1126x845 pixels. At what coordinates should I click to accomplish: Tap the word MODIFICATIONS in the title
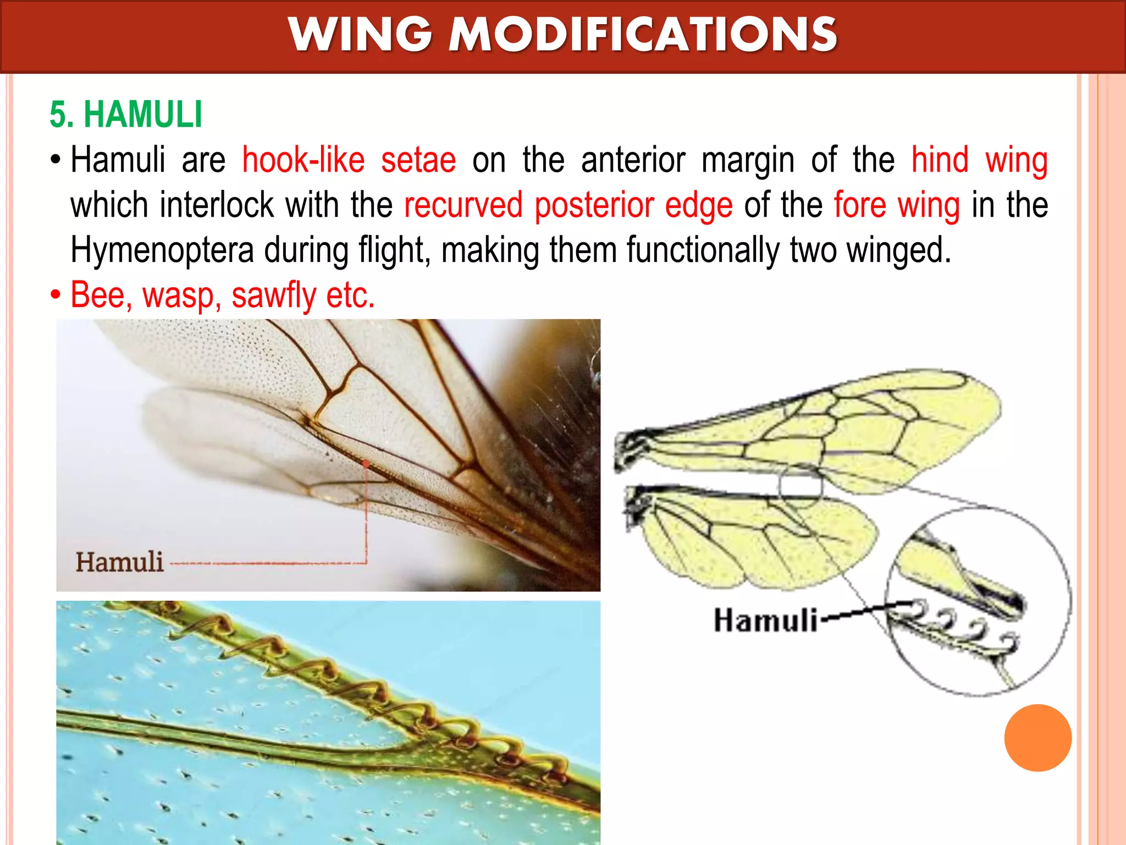(643, 35)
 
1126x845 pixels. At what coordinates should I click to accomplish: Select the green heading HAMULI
(143, 114)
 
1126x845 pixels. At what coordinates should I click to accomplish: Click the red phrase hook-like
(303, 160)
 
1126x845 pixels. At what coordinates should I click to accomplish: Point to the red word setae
(418, 160)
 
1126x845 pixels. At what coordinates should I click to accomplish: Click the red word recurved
(463, 205)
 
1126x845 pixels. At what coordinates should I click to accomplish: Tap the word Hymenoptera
(162, 250)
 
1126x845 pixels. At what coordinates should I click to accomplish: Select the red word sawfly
(274, 296)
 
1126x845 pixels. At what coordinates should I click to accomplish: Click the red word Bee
(101, 295)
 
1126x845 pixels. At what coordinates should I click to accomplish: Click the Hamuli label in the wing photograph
(120, 562)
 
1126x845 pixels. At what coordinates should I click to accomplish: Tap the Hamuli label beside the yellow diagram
(765, 621)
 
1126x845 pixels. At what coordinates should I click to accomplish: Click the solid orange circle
(1037, 738)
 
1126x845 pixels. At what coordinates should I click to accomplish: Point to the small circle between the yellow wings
(801, 487)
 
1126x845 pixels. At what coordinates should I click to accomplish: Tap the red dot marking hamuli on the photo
(366, 464)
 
